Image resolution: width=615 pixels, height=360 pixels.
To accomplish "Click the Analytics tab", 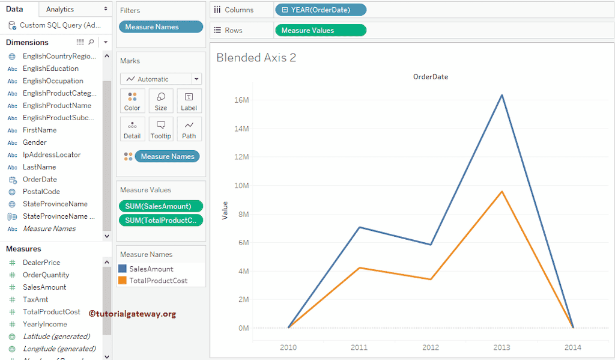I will click(x=60, y=9).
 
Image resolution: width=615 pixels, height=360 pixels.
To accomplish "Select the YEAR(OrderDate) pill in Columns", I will click(x=320, y=10).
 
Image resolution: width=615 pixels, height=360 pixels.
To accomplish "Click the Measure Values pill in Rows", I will click(x=320, y=30).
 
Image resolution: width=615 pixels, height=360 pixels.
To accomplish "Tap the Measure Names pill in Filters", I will click(x=160, y=26).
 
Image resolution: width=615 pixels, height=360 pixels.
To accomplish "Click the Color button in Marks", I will click(x=132, y=101).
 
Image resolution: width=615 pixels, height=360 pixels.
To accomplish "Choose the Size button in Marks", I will click(x=161, y=101).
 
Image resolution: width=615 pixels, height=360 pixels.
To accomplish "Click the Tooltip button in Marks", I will click(x=161, y=129).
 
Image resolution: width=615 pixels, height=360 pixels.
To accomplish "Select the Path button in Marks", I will click(x=189, y=129).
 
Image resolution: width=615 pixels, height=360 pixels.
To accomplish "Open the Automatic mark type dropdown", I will click(x=161, y=79).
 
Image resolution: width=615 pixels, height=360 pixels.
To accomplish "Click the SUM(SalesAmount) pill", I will click(x=160, y=206).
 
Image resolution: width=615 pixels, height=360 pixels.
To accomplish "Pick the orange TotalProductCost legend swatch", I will click(x=123, y=281).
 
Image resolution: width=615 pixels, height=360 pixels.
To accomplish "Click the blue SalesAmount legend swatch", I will click(x=123, y=269).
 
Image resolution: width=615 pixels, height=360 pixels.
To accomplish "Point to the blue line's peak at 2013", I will click(x=501, y=95).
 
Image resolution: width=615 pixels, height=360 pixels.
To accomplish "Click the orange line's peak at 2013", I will click(x=501, y=192).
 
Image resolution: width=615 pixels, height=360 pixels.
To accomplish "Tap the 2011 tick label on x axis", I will click(x=359, y=347).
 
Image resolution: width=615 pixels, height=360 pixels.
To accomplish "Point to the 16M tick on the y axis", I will click(x=241, y=100).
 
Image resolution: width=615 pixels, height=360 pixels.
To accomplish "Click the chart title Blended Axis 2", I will click(x=256, y=58).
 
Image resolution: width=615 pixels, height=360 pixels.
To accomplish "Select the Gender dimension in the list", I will click(x=34, y=142).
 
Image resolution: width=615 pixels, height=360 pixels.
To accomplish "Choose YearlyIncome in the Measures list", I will click(x=44, y=324).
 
